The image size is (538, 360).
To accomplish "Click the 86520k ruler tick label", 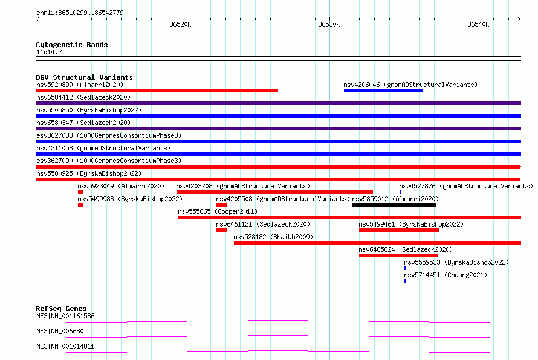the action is tap(180, 24).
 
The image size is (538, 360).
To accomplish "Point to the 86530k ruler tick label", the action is tap(329, 24).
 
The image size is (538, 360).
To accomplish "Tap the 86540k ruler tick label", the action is tap(478, 24).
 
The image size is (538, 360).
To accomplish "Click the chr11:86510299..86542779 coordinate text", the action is tap(80, 13).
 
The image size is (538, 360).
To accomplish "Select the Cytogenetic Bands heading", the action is tap(72, 45).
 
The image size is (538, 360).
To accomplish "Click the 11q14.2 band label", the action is tap(49, 52).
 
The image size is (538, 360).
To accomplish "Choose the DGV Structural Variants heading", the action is tap(85, 77).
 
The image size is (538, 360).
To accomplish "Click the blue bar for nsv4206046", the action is tap(383, 91).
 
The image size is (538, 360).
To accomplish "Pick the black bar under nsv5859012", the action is tap(394, 205).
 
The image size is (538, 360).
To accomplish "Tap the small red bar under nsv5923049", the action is tap(80, 192).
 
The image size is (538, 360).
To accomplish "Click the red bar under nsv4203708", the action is tap(274, 192).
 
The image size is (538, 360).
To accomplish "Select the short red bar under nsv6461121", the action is tap(221, 230).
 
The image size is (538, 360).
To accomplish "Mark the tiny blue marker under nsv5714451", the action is tap(405, 281).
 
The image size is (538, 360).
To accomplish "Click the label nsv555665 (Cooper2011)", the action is tap(218, 211).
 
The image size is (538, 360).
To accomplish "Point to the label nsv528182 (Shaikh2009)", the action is tap(273, 237).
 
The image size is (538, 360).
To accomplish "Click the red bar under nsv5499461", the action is tap(399, 230).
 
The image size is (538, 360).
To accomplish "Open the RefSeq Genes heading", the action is tap(61, 309).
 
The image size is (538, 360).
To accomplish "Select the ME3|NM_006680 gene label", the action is tap(60, 331).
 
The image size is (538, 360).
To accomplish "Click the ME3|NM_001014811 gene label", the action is tap(65, 346).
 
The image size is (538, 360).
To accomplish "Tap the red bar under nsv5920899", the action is tap(157, 91).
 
